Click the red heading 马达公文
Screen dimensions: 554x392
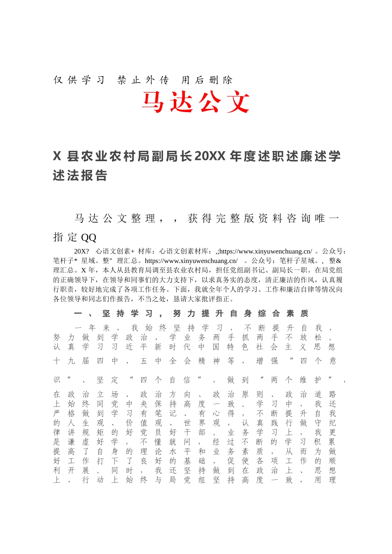(x=196, y=102)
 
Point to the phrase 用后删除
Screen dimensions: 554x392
(x=207, y=80)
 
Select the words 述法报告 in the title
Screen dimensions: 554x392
(x=80, y=176)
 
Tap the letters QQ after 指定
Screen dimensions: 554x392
(x=89, y=237)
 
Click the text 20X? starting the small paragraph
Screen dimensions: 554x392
(x=81, y=251)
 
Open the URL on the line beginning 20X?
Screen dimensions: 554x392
(x=266, y=251)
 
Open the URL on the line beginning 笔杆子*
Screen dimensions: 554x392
(x=191, y=261)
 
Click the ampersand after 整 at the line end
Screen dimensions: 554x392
(x=339, y=261)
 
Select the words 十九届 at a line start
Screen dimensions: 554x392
(x=71, y=361)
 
